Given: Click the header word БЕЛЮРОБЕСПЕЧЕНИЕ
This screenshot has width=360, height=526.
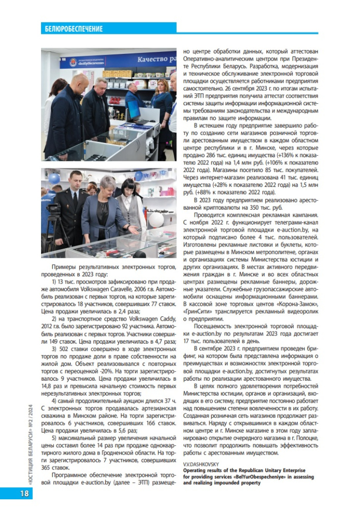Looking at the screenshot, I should (73, 29).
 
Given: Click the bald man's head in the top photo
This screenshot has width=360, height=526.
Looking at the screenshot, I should (79, 82).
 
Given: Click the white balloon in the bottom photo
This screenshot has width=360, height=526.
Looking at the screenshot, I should (156, 220).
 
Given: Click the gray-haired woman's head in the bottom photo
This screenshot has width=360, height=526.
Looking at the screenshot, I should (108, 183).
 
